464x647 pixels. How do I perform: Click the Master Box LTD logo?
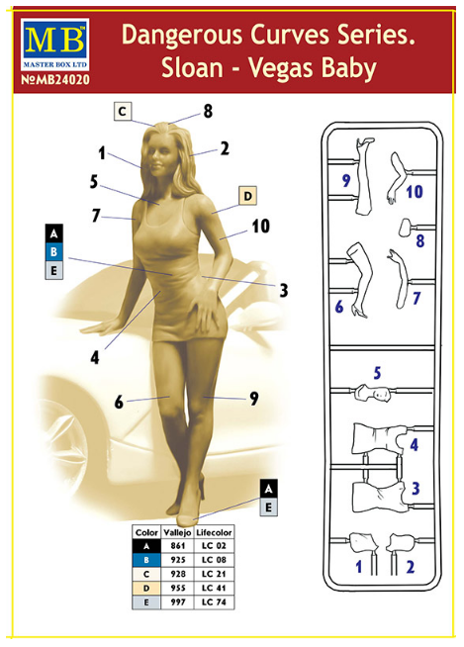pyautogui.click(x=54, y=45)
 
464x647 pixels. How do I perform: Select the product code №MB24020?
pyautogui.click(x=54, y=79)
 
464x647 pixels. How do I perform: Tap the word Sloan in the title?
pyautogui.click(x=192, y=67)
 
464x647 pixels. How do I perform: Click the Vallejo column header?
pyautogui.click(x=177, y=532)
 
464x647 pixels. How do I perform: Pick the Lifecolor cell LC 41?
pyautogui.click(x=214, y=588)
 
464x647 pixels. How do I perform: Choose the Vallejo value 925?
pyautogui.click(x=178, y=560)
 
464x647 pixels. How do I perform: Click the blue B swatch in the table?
pyautogui.click(x=146, y=560)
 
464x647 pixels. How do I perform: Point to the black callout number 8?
pyautogui.click(x=208, y=111)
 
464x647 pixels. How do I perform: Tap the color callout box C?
pyautogui.click(x=123, y=112)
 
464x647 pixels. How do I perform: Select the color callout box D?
pyautogui.click(x=247, y=196)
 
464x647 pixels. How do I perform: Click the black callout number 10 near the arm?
pyautogui.click(x=261, y=227)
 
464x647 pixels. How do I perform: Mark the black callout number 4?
pyautogui.click(x=95, y=357)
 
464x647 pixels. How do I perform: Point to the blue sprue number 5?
pyautogui.click(x=377, y=373)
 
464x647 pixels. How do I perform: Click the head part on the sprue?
pyautogui.click(x=373, y=393)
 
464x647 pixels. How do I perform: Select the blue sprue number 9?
pyautogui.click(x=346, y=180)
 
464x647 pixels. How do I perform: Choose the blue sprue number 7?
pyautogui.click(x=417, y=298)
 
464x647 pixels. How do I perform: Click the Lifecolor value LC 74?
pyautogui.click(x=214, y=602)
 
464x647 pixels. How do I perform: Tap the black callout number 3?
pyautogui.click(x=283, y=290)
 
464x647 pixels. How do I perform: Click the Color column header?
pyautogui.click(x=146, y=532)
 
